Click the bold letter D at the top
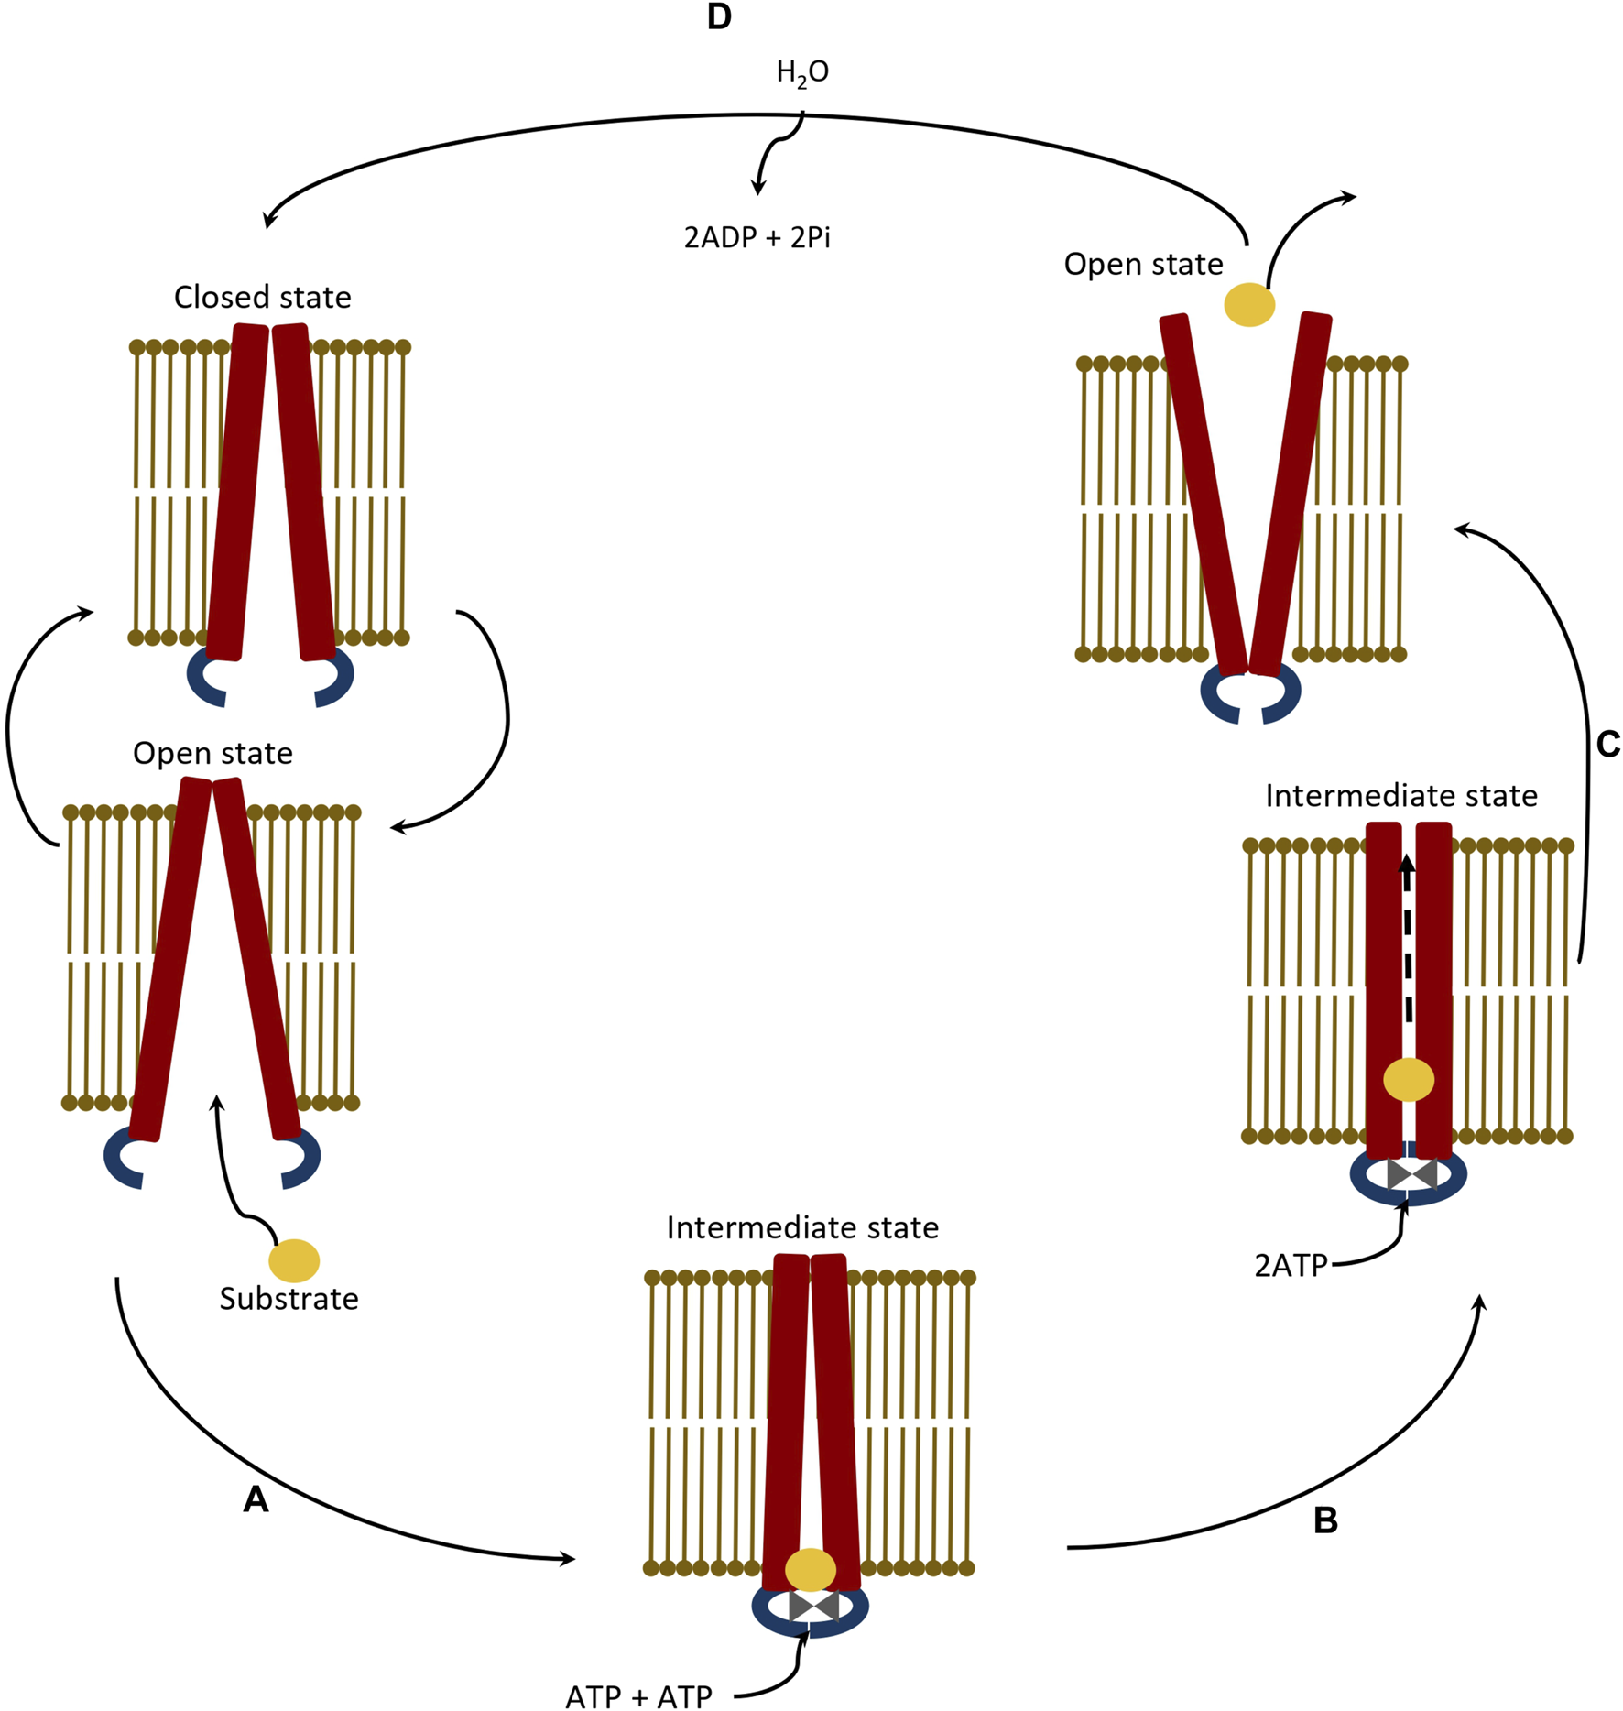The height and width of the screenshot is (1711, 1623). [719, 17]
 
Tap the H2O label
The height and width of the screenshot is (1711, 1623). [802, 72]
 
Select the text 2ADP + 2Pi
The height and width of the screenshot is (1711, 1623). [757, 238]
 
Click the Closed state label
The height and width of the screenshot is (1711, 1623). [262, 298]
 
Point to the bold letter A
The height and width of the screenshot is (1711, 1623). [256, 1499]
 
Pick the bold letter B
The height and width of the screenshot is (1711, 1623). [1325, 1520]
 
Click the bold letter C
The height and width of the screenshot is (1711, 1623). [1607, 745]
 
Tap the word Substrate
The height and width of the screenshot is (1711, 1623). [289, 1299]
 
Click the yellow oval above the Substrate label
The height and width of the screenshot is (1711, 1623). [294, 1260]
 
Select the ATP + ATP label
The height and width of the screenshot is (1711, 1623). [638, 1696]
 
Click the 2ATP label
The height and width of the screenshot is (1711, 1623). [1291, 1266]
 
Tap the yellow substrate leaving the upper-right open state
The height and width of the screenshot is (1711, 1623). [1249, 305]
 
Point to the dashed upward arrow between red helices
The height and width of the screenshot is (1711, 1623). [1408, 943]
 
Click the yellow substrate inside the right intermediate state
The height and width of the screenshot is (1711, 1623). [1409, 1080]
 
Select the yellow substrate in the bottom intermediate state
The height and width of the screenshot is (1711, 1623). [811, 1570]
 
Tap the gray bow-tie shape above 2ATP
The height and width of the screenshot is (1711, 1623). [1411, 1173]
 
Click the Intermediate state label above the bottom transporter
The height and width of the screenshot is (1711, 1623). [802, 1228]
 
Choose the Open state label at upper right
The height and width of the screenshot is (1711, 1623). [1143, 265]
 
